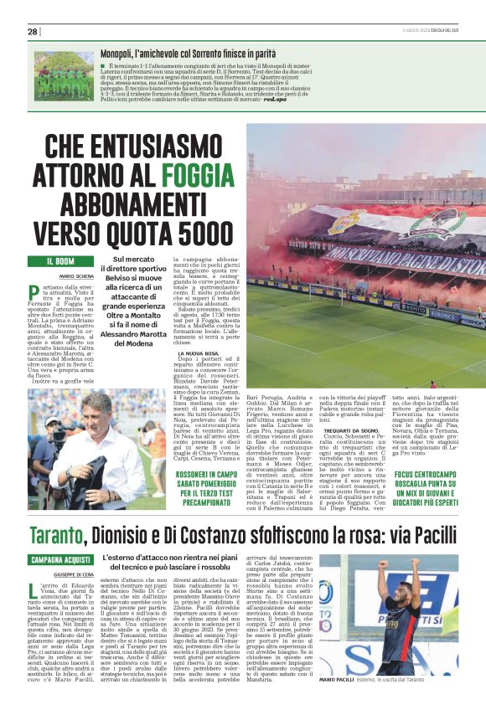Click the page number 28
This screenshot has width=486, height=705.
click(x=32, y=31)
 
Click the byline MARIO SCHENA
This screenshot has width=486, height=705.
click(x=76, y=275)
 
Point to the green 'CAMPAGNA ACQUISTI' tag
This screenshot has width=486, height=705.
click(x=60, y=559)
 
